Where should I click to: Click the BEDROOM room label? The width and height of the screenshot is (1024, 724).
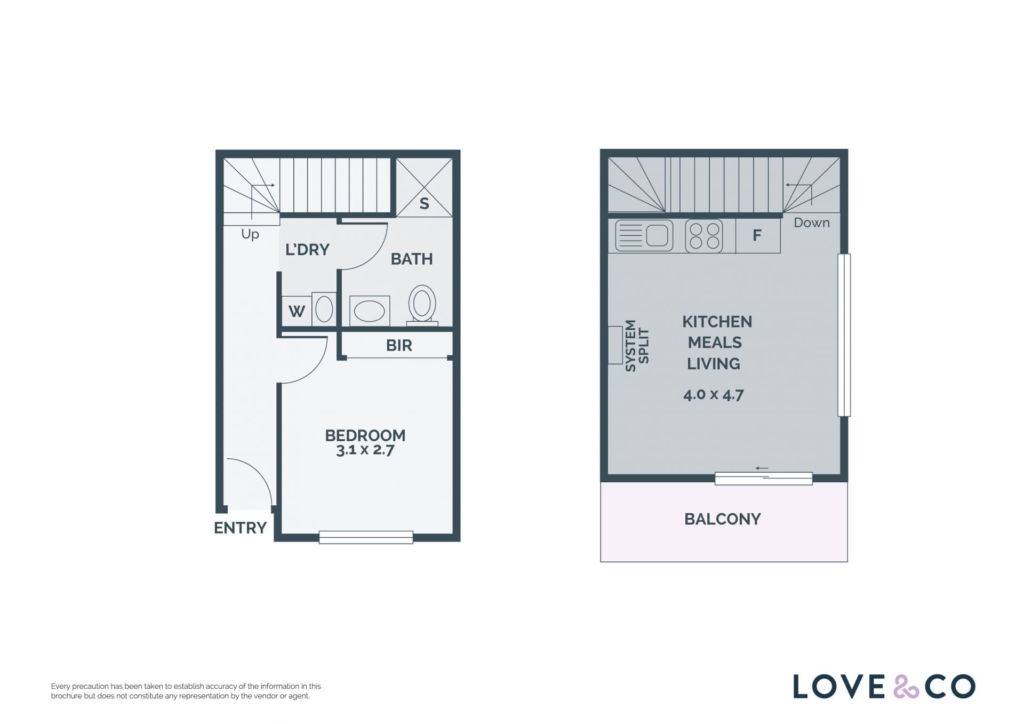pos(365,435)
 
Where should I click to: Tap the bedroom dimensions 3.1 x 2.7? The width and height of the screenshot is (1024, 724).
pos(365,450)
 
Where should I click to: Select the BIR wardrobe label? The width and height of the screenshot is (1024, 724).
pos(399,346)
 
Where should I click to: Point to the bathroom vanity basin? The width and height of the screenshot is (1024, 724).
pos(370,311)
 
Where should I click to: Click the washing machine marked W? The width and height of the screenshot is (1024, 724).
pos(297,311)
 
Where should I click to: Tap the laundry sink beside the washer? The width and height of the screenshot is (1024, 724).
pos(324,309)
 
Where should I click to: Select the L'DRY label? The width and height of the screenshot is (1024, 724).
pos(307,250)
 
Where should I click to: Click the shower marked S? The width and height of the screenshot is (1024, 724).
pos(424,187)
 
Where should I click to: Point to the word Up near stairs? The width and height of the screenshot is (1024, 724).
pos(250,234)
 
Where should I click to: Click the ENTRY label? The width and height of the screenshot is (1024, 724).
pos(240,528)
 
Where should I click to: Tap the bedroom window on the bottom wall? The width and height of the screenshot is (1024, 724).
pos(366,537)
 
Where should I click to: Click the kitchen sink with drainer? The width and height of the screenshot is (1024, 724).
pos(644,235)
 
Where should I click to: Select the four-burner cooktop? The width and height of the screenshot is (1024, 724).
pos(704,236)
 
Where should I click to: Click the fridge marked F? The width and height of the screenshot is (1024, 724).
pos(758,235)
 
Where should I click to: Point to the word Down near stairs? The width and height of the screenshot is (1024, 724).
pos(812,223)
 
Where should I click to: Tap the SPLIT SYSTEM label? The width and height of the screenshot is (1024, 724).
pos(637,346)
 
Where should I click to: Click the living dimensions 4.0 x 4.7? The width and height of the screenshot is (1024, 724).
pos(714,395)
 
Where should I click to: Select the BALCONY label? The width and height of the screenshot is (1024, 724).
pos(723,519)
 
